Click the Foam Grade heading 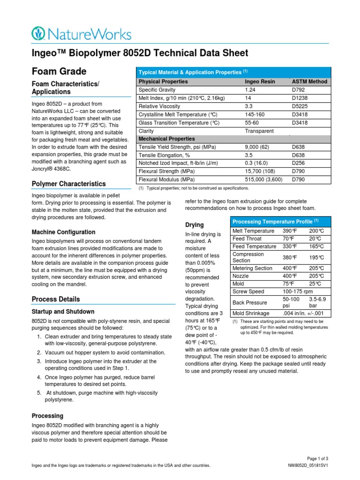pyautogui.click(x=59, y=71)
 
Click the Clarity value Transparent pyautogui.click(x=259, y=131)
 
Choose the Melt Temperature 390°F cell pyautogui.click(x=290, y=231)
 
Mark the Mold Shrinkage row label pyautogui.click(x=251, y=313)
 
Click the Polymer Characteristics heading pyautogui.click(x=68, y=184)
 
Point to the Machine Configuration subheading pyautogui.click(x=63, y=232)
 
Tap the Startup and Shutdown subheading pyautogui.click(x=63, y=312)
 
